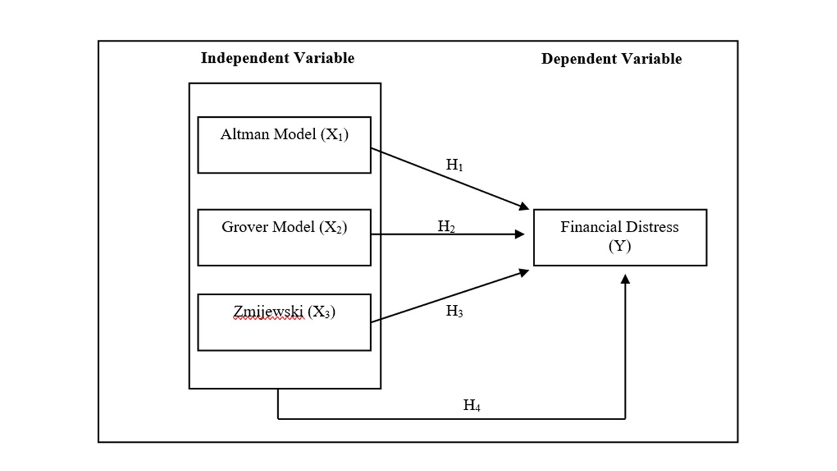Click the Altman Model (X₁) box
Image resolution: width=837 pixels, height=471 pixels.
click(x=284, y=145)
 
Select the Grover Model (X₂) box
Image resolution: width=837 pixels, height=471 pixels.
click(x=284, y=237)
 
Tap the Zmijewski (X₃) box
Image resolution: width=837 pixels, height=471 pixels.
click(x=284, y=323)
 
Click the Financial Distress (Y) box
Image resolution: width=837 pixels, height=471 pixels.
click(x=620, y=237)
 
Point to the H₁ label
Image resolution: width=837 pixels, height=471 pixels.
click(x=454, y=166)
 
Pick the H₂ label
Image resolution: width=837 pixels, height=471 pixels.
click(x=447, y=227)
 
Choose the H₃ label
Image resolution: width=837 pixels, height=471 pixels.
click(x=454, y=311)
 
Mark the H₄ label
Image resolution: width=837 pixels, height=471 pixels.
click(x=472, y=406)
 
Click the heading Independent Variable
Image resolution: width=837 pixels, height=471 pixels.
click(x=277, y=58)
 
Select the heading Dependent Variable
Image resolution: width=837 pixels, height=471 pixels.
click(x=611, y=60)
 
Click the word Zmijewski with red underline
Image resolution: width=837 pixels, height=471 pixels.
click(x=268, y=313)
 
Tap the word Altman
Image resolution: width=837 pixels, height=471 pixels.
click(x=242, y=135)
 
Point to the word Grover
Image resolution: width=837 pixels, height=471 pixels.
click(x=243, y=228)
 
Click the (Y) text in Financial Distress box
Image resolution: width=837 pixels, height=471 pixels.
click(x=619, y=247)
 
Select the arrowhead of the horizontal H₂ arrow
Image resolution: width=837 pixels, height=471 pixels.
click(x=521, y=234)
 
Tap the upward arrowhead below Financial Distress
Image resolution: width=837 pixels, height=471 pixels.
click(x=625, y=279)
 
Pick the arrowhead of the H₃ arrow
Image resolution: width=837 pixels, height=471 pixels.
click(x=524, y=271)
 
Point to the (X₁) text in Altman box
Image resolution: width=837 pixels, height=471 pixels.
click(x=333, y=136)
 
